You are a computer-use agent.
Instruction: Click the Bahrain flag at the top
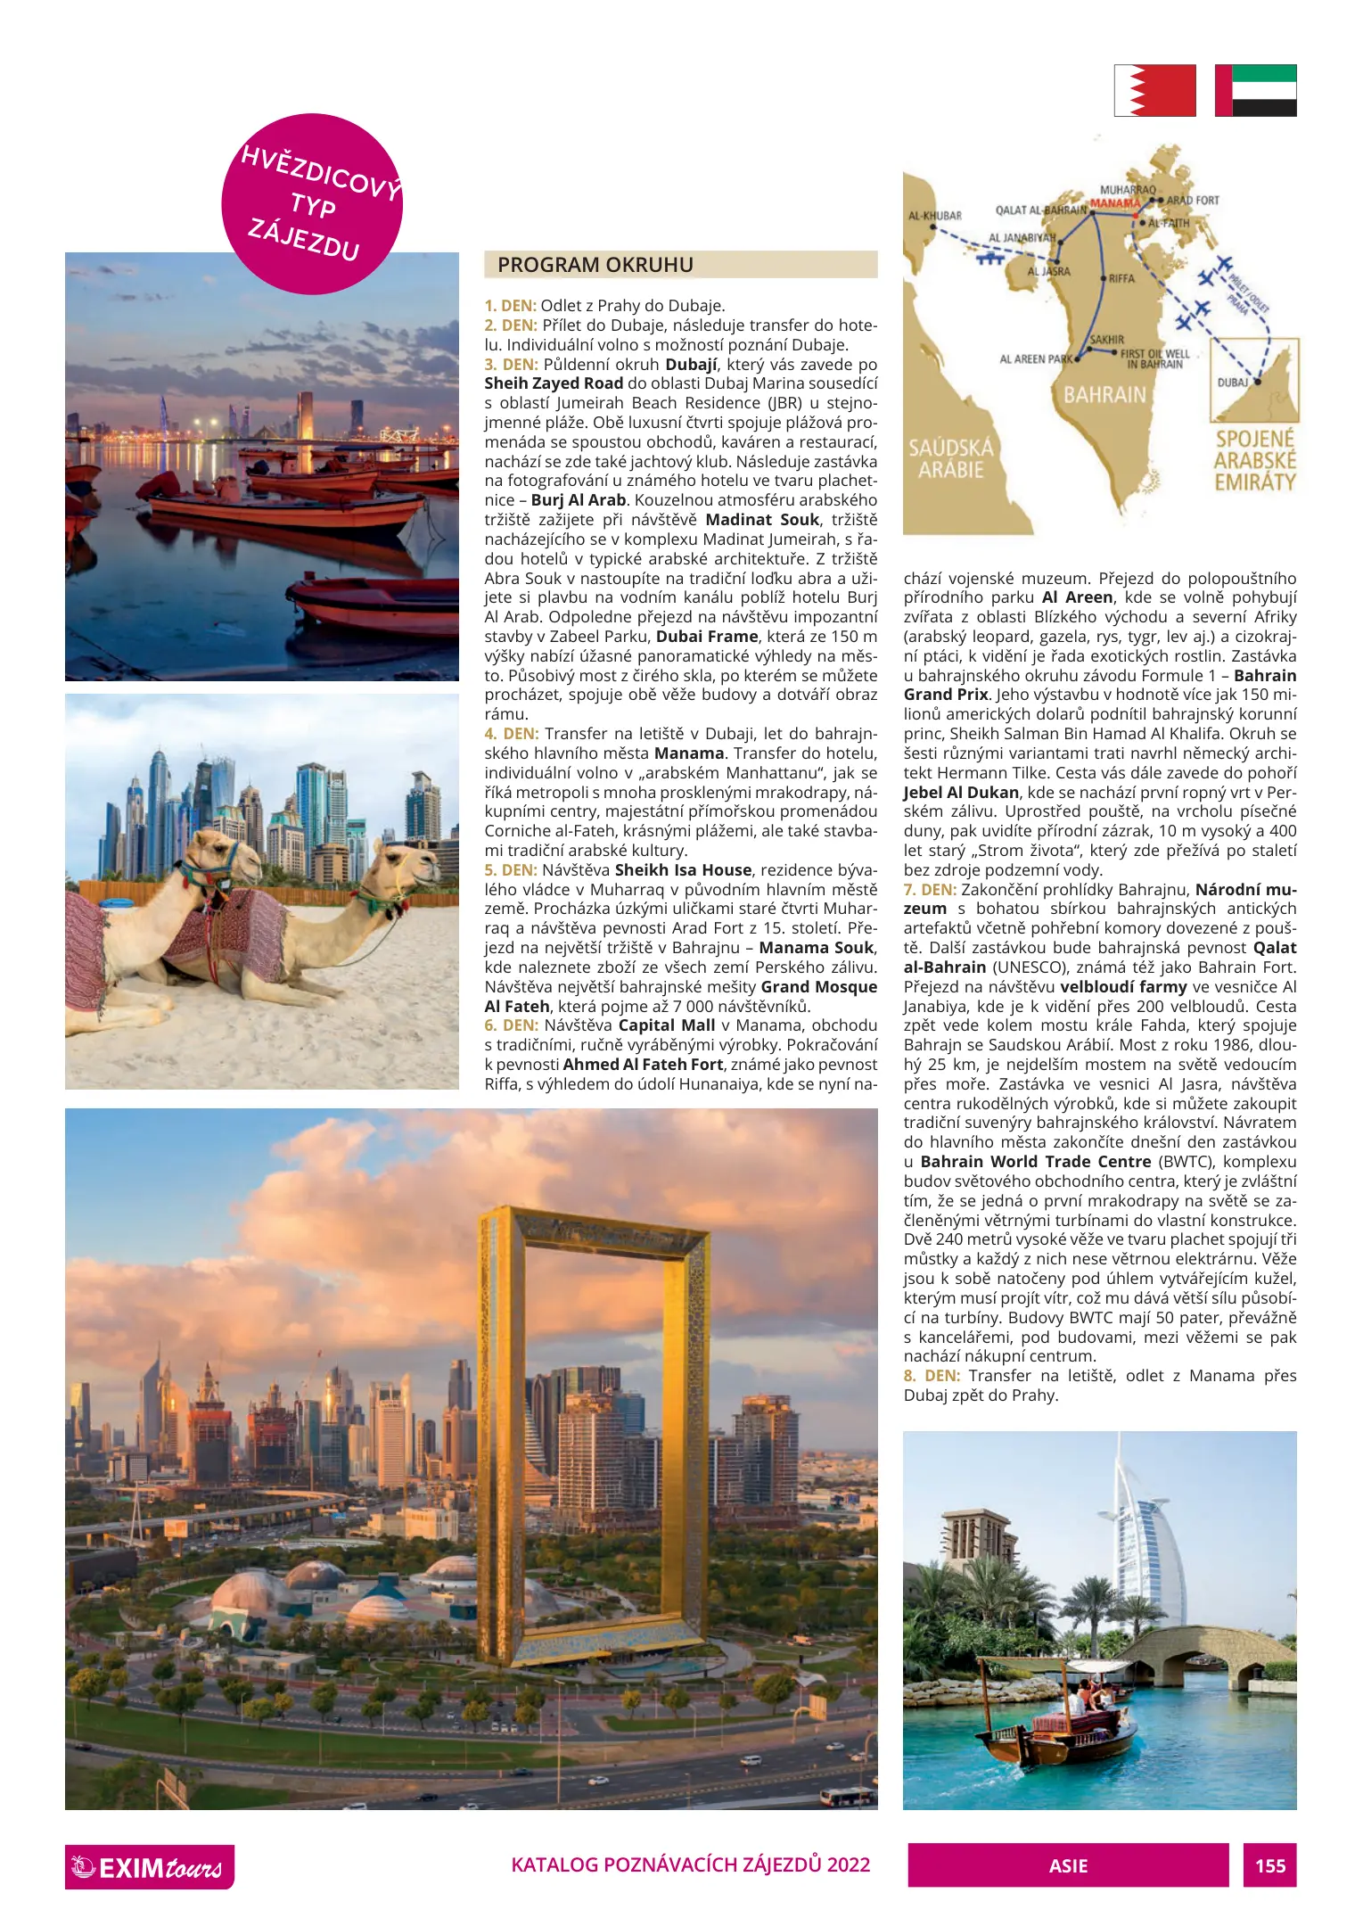pyautogui.click(x=1154, y=90)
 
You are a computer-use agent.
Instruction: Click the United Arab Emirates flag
pyautogui.click(x=1255, y=90)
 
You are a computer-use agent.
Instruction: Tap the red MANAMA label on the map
pyautogui.click(x=1114, y=203)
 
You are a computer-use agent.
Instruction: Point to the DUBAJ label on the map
pyautogui.click(x=1233, y=382)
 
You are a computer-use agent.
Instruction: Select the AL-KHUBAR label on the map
pyautogui.click(x=934, y=216)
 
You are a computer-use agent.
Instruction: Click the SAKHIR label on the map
pyautogui.click(x=1107, y=340)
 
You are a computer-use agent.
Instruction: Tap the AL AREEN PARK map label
pyautogui.click(x=1035, y=359)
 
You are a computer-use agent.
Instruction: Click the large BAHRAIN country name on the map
pyautogui.click(x=1104, y=394)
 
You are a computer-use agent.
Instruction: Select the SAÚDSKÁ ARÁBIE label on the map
pyautogui.click(x=950, y=458)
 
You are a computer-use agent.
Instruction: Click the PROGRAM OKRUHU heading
pyautogui.click(x=595, y=265)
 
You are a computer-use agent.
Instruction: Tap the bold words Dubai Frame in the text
pyautogui.click(x=707, y=637)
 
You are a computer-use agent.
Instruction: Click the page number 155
pyautogui.click(x=1269, y=1865)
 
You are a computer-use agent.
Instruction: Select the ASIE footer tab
pyautogui.click(x=1067, y=1865)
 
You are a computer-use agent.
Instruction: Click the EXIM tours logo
pyautogui.click(x=149, y=1866)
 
